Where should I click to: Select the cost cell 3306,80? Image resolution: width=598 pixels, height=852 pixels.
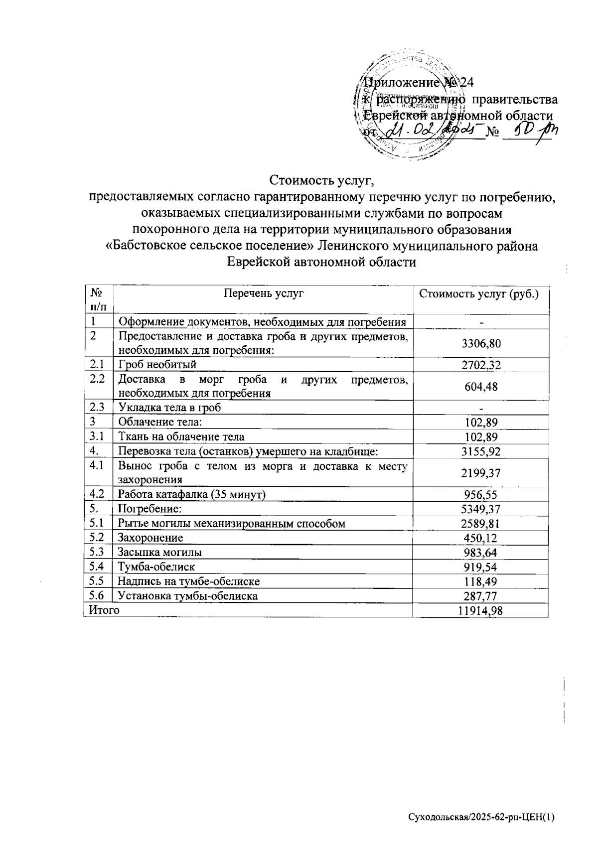480,344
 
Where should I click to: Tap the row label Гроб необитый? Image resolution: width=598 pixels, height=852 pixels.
157,365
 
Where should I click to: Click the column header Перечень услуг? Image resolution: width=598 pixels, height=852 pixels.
264,293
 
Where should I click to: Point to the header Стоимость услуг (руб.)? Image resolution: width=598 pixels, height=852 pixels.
479,293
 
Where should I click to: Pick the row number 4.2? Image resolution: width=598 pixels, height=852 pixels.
96,494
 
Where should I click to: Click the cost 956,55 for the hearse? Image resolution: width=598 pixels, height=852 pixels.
480,495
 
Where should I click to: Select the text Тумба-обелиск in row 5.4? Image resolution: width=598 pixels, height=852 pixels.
156,567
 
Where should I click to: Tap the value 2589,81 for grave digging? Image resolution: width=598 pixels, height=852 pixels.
480,524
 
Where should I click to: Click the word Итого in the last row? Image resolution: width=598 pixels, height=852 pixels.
104,610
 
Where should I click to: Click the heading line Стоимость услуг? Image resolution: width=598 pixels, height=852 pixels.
321,179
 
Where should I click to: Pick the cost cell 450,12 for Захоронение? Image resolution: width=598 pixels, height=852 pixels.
480,538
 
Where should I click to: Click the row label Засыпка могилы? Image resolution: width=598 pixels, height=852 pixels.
159,553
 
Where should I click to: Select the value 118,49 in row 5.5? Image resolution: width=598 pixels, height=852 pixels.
480,581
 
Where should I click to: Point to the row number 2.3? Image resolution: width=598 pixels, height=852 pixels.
96,407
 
